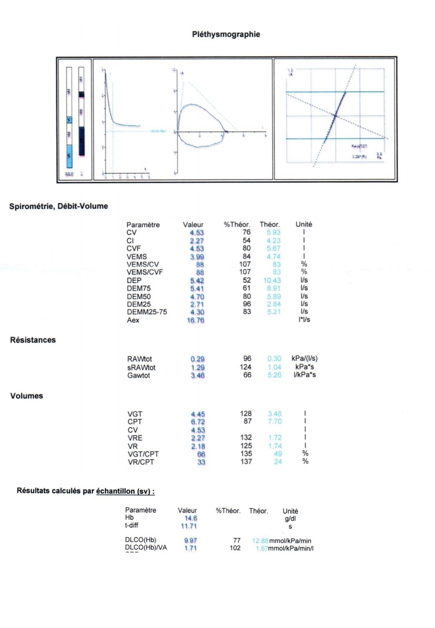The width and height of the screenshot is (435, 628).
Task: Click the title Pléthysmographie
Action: (x=226, y=34)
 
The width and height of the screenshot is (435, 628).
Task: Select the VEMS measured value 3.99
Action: (x=197, y=257)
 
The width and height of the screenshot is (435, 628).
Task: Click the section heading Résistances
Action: (x=33, y=340)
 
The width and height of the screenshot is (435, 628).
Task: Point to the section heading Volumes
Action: (x=27, y=396)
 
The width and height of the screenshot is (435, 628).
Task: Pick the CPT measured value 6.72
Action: (x=197, y=422)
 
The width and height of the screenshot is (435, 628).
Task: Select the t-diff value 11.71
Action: (x=190, y=526)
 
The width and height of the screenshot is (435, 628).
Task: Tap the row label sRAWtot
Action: (x=141, y=367)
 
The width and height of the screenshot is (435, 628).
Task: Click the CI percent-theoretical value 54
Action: (x=246, y=240)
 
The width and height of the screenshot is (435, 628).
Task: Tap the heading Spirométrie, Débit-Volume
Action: (x=58, y=207)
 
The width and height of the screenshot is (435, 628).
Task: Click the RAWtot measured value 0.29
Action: (x=197, y=359)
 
